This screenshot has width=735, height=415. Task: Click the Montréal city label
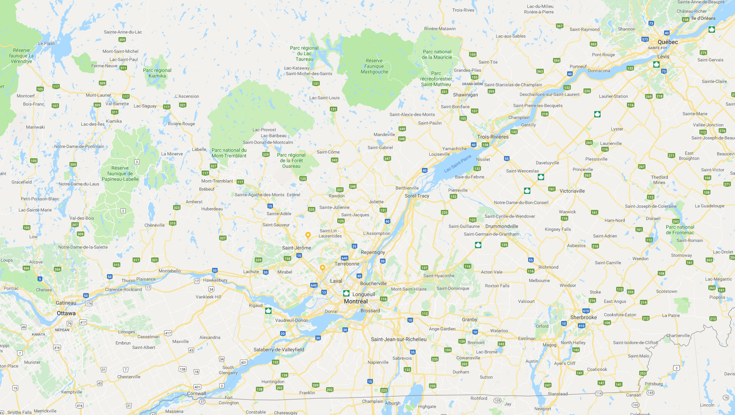click(x=356, y=301)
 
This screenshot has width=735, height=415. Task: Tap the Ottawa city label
click(x=66, y=313)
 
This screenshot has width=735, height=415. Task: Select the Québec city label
click(x=667, y=42)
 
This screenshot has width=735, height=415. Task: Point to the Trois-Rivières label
click(x=493, y=137)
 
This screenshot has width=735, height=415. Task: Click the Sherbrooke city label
click(x=583, y=317)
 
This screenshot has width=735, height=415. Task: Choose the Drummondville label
click(x=501, y=226)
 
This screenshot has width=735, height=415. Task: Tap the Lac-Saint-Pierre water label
click(x=458, y=164)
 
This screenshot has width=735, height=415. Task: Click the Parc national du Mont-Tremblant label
click(x=229, y=153)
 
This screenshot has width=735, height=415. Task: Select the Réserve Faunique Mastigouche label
click(x=374, y=66)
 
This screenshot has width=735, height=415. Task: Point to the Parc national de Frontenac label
click(x=680, y=230)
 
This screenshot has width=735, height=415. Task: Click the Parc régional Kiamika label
click(x=157, y=73)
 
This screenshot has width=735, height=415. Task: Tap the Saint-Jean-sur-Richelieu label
click(x=399, y=339)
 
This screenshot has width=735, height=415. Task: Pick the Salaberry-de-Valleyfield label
click(x=279, y=350)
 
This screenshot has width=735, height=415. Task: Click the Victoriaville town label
click(x=572, y=191)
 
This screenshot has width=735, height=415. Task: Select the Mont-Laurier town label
click(x=98, y=95)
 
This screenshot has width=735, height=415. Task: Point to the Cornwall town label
click(x=196, y=393)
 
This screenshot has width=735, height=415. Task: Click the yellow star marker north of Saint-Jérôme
click(x=308, y=235)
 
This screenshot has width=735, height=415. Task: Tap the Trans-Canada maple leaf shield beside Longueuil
click(x=346, y=294)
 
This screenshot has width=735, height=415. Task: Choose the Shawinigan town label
click(x=465, y=95)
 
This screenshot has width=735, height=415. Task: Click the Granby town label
click(x=469, y=320)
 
